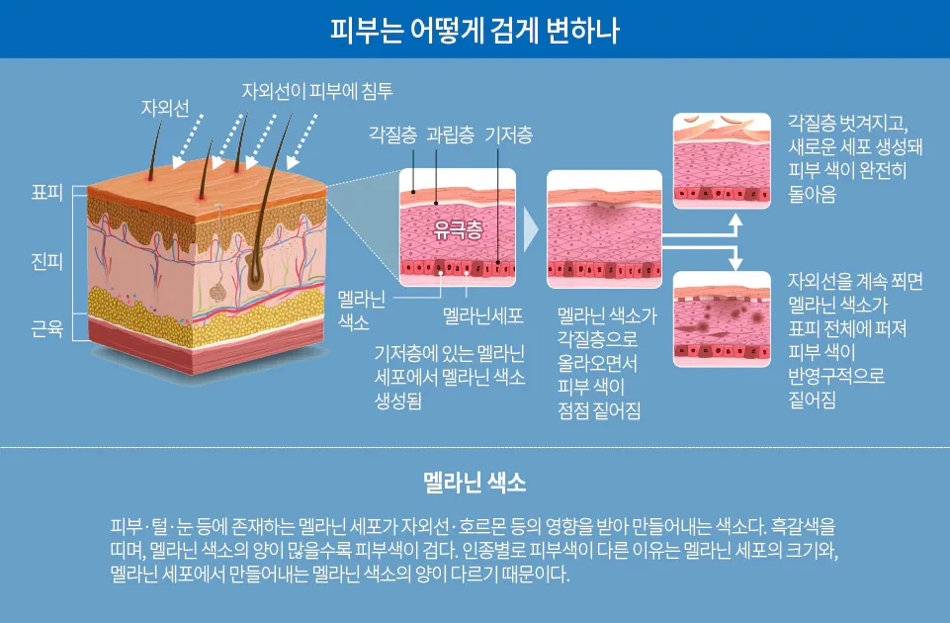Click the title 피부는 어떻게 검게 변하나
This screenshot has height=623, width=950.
coord(475,29)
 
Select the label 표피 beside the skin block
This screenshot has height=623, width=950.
coord(47,193)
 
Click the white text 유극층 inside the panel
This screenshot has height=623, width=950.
coord(458,230)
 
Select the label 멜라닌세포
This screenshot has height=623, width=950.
coord(482,316)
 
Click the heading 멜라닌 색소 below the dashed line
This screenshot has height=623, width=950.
coord(475,484)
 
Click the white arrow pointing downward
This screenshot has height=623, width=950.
coord(734,260)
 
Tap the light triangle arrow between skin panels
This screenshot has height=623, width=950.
coord(531,229)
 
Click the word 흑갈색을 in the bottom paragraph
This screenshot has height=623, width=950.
coord(806,523)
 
